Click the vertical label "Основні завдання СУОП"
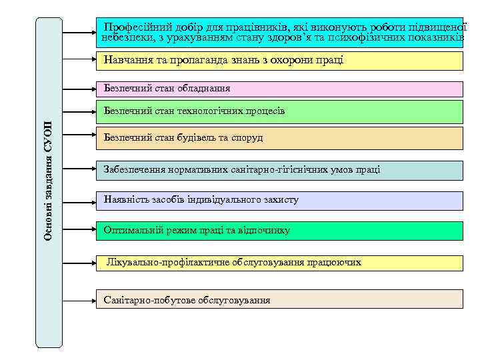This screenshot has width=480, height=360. [49, 181]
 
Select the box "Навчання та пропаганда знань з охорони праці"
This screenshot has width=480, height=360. [279, 61]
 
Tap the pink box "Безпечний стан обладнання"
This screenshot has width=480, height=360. [279, 89]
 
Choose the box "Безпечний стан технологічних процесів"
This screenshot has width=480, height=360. [279, 111]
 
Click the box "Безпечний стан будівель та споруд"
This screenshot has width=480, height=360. [279, 138]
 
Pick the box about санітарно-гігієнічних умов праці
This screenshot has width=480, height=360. [279, 170]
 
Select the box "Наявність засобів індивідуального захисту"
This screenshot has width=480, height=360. [279, 200]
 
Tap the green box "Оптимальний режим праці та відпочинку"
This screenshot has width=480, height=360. [279, 231]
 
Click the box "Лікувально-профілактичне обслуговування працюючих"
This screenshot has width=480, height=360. [279, 263]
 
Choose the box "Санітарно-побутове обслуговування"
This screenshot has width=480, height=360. [279, 299]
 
